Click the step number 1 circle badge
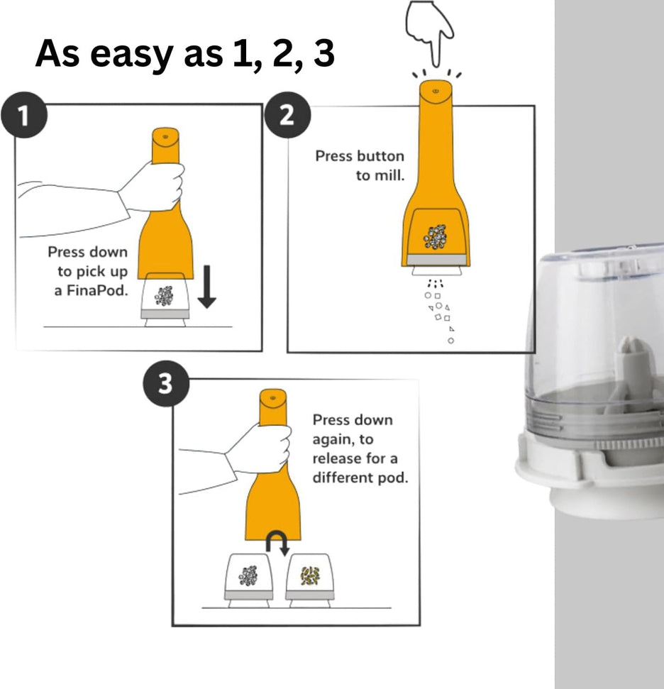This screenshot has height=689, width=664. tap(25, 116)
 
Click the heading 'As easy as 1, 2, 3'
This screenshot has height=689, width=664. tap(184, 54)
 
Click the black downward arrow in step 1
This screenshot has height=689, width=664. tap(206, 287)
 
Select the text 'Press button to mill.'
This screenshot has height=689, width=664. tap(360, 165)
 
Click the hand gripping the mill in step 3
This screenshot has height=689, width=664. tap(260, 448)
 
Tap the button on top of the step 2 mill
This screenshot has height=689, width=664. tap(434, 92)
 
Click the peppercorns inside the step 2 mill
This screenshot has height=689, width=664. tap(435, 237)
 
